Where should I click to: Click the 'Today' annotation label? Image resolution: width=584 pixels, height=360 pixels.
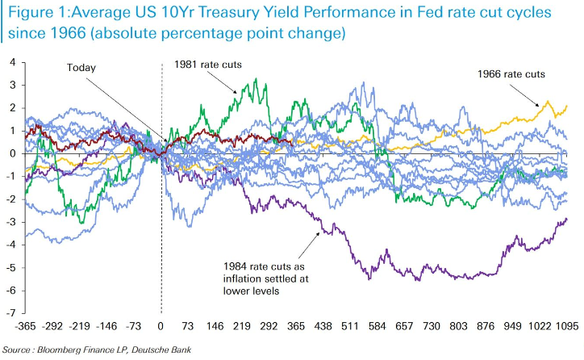[81, 68]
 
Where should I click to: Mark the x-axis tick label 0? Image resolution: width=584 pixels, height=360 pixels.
[161, 326]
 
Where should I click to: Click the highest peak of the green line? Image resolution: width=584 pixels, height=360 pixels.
[255, 79]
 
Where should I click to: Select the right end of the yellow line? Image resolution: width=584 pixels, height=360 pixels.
[568, 106]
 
